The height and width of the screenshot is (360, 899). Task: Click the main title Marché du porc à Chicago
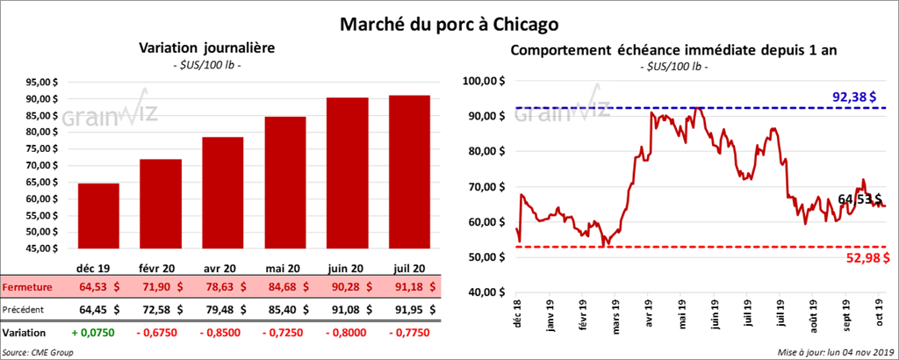coord(449,19)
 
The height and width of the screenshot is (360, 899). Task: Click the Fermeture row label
coord(27,287)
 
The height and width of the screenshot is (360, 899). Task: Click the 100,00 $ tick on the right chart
coord(483,81)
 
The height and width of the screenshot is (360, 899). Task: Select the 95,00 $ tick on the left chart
coord(39,82)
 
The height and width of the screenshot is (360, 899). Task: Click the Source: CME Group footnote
coord(38,352)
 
